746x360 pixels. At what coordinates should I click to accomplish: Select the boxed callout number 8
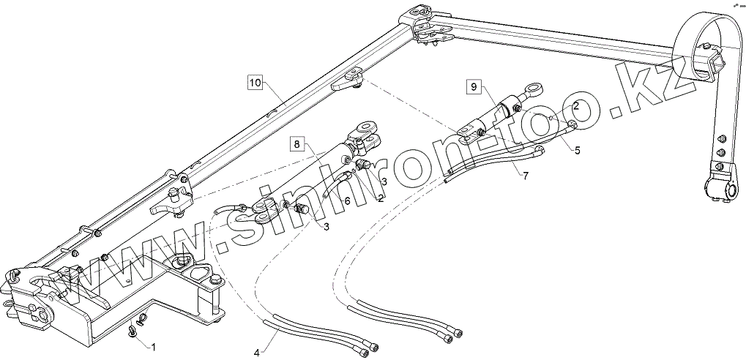click(296, 143)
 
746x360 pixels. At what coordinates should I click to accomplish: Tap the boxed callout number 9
click(474, 87)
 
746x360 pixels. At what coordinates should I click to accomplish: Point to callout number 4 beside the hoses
click(257, 353)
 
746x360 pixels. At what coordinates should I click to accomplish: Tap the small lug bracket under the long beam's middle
click(351, 80)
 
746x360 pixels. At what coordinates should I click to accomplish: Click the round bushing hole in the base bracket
click(180, 261)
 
